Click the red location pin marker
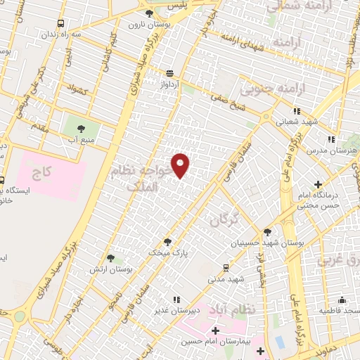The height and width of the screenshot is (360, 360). (181, 165)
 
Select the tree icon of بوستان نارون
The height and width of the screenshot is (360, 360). (148, 13)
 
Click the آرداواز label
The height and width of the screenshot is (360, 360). (170, 84)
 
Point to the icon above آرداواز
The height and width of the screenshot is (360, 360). (170, 72)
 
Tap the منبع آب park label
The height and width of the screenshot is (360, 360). (80, 139)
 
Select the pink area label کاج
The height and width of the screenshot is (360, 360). (46, 171)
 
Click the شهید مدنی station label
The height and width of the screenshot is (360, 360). (225, 278)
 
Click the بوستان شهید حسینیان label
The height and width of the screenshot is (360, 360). (262, 243)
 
